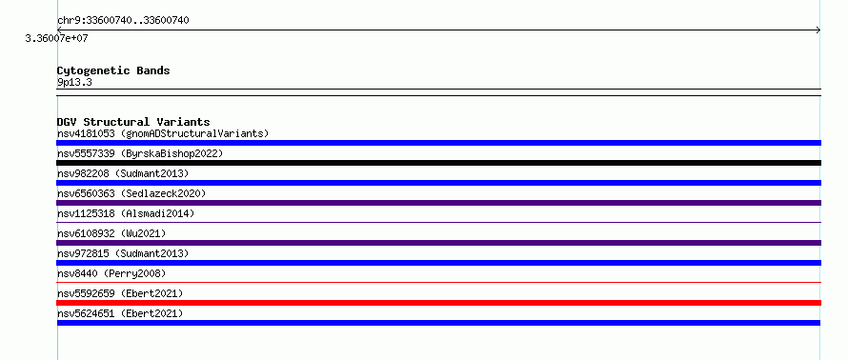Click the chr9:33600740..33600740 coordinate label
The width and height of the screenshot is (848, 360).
123,21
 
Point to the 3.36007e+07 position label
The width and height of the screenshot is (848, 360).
56,39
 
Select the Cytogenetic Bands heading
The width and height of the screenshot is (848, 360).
113,70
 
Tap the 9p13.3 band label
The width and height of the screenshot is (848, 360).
74,82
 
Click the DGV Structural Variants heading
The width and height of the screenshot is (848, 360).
133,122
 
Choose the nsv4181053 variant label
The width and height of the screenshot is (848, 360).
86,133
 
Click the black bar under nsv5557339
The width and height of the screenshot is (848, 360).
438,163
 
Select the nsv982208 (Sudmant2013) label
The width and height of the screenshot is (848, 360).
123,173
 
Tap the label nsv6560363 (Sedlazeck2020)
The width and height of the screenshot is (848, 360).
131,193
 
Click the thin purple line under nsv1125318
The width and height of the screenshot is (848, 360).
438,222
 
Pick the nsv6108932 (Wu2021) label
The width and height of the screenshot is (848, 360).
111,233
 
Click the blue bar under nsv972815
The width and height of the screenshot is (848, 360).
438,263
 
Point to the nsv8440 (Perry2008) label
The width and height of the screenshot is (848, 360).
111,273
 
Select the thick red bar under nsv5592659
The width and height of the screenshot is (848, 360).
438,303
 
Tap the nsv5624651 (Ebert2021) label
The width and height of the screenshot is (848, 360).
120,313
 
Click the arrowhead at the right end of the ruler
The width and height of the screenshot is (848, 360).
818,30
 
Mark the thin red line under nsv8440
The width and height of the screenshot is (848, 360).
438,282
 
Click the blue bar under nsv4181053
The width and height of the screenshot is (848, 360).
438,143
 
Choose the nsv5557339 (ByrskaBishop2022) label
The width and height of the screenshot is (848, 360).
140,153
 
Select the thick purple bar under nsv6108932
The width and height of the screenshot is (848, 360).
438,243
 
